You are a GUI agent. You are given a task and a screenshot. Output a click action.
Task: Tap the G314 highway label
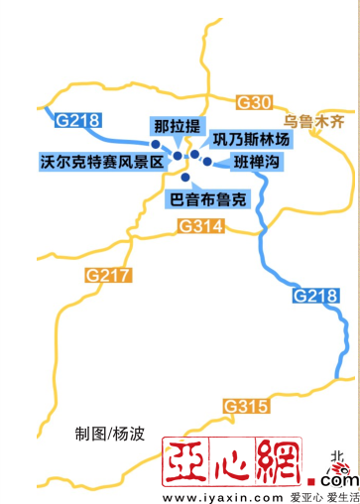click(201, 227)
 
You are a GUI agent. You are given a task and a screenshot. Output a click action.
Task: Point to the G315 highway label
click(246, 406)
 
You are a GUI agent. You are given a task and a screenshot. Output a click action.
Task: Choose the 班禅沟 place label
click(255, 162)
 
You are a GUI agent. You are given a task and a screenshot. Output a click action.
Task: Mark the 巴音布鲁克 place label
click(207, 198)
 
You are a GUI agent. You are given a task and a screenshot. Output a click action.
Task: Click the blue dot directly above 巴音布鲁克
click(185, 178)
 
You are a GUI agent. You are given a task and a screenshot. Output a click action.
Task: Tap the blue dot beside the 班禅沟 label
click(207, 162)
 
